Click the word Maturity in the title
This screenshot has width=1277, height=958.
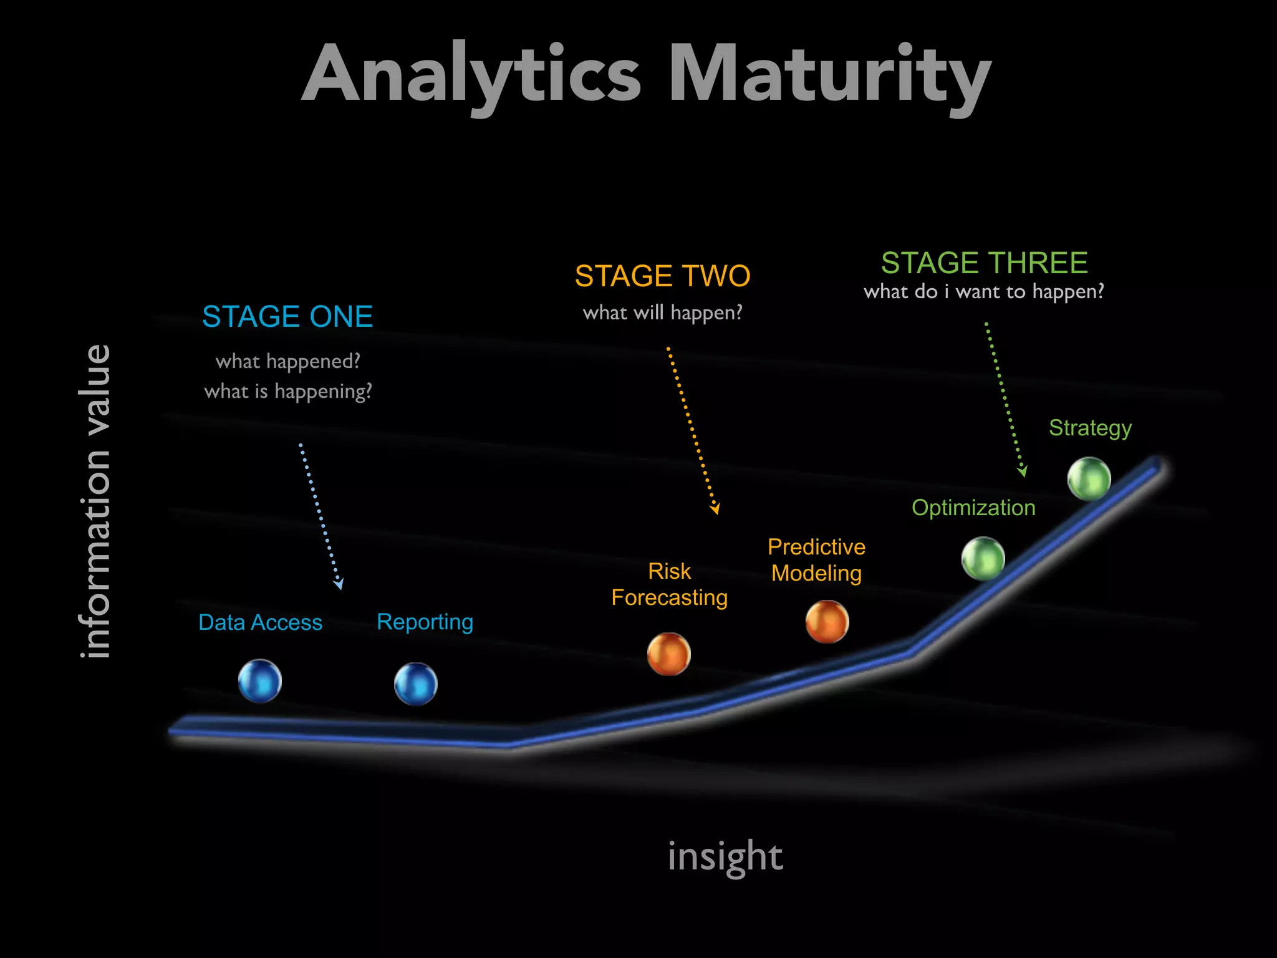pos(829,75)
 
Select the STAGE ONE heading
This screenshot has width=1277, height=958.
pos(287,317)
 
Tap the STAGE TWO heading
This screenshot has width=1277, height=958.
pos(662,276)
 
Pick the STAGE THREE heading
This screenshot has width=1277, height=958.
pos(984,263)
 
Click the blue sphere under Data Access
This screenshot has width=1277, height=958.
pos(260,681)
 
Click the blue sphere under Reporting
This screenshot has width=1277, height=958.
pos(416,684)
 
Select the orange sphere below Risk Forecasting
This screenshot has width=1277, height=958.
pos(669,654)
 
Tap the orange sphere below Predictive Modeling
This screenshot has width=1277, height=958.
pos(827,622)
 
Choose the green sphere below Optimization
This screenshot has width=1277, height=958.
pos(983,558)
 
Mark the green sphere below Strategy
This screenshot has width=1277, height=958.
pos(1089,479)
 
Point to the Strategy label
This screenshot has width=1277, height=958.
pos(1090,428)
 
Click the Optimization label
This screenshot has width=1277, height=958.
pos(973,508)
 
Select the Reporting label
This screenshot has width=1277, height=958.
pos(425,622)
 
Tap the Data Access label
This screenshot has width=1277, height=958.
pos(260,622)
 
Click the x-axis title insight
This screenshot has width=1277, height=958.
pos(725,857)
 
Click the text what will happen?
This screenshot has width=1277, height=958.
pos(662,312)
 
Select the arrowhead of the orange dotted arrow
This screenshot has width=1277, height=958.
pos(716,509)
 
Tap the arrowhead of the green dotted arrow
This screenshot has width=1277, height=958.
pos(1023,472)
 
